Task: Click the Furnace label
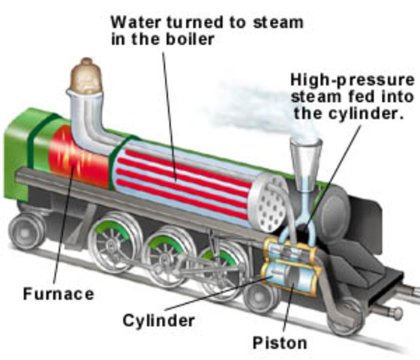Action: (x=59, y=294)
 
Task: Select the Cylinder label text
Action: (x=158, y=321)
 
